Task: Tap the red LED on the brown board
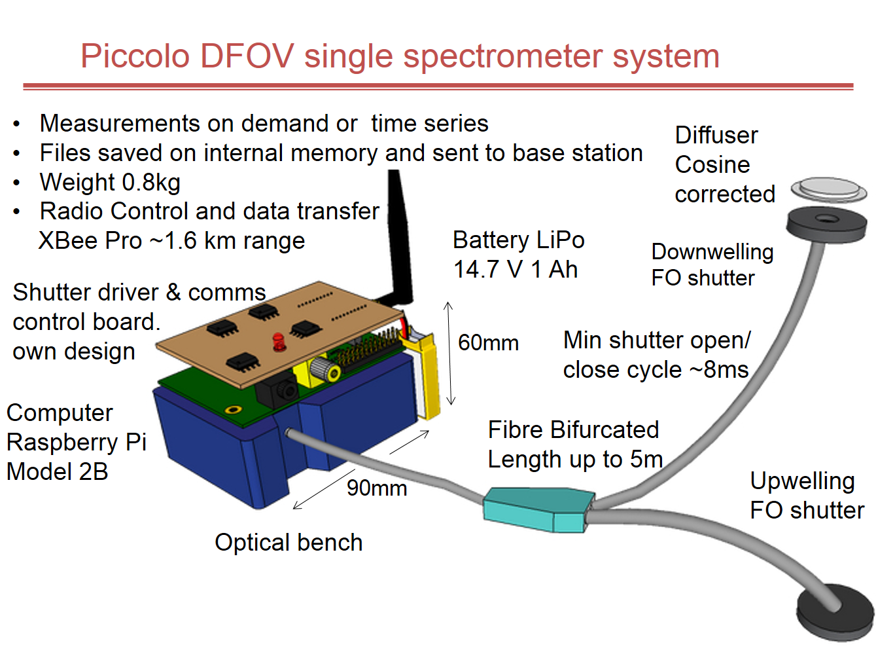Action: tap(279, 341)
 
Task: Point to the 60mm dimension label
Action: tap(488, 342)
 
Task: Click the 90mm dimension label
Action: tap(377, 488)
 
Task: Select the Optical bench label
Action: tap(289, 543)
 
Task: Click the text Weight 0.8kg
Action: tap(110, 182)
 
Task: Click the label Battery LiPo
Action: tap(518, 240)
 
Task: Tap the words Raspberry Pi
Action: tap(76, 442)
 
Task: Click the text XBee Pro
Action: tap(90, 241)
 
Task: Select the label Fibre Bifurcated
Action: tap(573, 430)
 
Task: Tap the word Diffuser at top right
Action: tap(716, 136)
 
